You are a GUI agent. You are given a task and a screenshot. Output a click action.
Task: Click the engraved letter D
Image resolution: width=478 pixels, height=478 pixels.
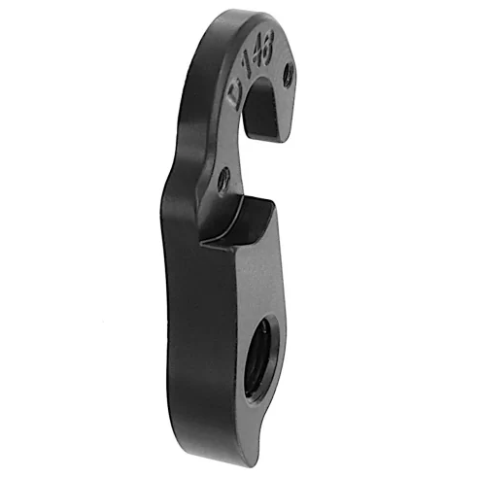[x=235, y=95]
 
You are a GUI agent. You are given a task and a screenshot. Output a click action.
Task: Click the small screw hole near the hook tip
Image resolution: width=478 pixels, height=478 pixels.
[x=288, y=74]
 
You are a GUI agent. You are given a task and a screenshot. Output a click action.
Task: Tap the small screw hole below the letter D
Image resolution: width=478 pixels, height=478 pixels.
[x=224, y=178]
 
